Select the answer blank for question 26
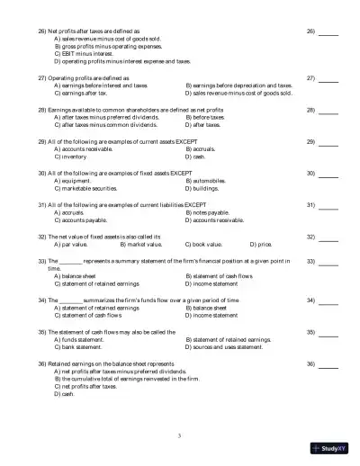(328, 32)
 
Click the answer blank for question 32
(328, 237)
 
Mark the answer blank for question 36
(328, 364)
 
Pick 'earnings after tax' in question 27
(85, 92)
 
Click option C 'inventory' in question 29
(72, 156)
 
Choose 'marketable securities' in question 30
(88, 189)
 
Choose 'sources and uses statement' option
(225, 346)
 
